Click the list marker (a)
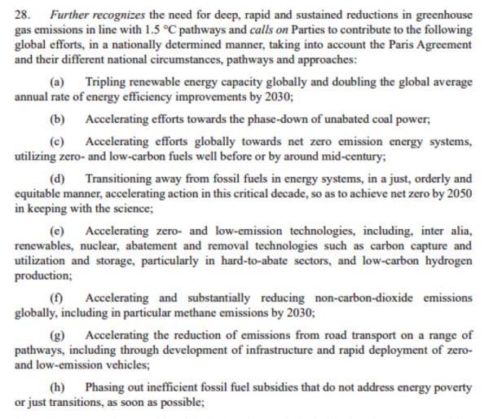coord(57,82)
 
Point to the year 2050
coord(457,193)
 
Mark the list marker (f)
coord(57,298)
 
